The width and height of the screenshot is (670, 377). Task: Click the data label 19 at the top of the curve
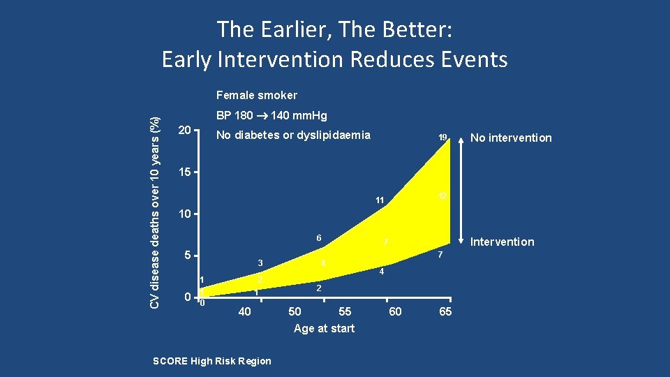point(442,138)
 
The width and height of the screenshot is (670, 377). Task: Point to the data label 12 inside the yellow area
point(442,196)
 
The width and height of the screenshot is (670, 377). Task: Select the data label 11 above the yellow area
point(380,200)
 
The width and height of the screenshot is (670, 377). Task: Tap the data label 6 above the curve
point(318,238)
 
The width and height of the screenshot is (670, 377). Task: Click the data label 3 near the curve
point(260,263)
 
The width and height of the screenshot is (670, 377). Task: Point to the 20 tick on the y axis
point(184,131)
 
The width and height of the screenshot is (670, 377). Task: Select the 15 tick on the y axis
point(184,172)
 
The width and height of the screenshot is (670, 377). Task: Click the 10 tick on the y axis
point(184,213)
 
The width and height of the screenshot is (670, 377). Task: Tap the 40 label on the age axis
point(244,311)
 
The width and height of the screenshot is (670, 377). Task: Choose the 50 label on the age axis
point(295,311)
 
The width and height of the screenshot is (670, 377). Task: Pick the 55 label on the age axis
point(345,311)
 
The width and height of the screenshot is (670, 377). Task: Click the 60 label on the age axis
point(395,311)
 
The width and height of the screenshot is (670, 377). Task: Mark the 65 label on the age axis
point(445,311)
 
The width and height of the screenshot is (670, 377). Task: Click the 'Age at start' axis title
point(324,328)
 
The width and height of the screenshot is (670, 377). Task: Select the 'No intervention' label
point(512,138)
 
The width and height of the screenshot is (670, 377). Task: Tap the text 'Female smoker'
point(256,95)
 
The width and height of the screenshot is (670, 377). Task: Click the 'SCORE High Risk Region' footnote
point(211,361)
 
